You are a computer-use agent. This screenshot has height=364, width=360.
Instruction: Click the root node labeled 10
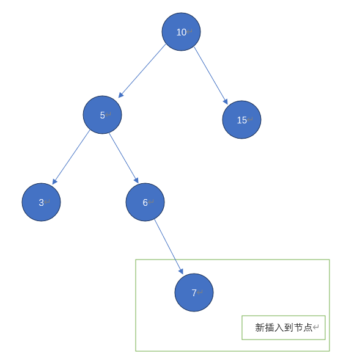coord(181,32)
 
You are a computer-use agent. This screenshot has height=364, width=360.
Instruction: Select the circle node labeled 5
coord(103,115)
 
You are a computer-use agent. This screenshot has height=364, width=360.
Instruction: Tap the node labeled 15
coord(242,120)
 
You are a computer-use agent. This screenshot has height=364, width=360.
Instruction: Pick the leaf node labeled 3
coord(42,202)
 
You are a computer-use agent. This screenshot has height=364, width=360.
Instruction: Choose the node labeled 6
coord(145,202)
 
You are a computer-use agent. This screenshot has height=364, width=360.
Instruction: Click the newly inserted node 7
coord(194,293)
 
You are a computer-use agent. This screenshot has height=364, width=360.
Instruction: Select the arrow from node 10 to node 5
coord(142,71)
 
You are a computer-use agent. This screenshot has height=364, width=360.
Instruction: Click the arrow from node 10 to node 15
coord(211,76)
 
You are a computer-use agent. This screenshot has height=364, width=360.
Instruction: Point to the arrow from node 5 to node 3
coord(71,158)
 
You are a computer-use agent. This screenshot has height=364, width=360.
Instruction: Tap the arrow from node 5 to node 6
coord(124,158)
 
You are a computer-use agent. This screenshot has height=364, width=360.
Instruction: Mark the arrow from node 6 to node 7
coord(169,247)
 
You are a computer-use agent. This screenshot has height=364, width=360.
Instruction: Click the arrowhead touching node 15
coord(226,101)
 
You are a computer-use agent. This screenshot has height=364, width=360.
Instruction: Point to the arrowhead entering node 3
coord(54,181)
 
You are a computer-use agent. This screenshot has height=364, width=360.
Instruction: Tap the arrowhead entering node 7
coord(181,271)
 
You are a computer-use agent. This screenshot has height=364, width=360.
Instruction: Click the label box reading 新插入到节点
coord(284,327)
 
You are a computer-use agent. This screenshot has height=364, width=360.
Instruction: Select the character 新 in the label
coord(260,327)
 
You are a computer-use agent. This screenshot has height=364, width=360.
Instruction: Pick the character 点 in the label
coord(307,327)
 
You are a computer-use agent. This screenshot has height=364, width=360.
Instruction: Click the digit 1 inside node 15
coord(239,120)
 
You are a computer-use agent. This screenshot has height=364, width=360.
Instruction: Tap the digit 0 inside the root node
coord(183,32)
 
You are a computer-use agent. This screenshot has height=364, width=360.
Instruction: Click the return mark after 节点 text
coord(315,327)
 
